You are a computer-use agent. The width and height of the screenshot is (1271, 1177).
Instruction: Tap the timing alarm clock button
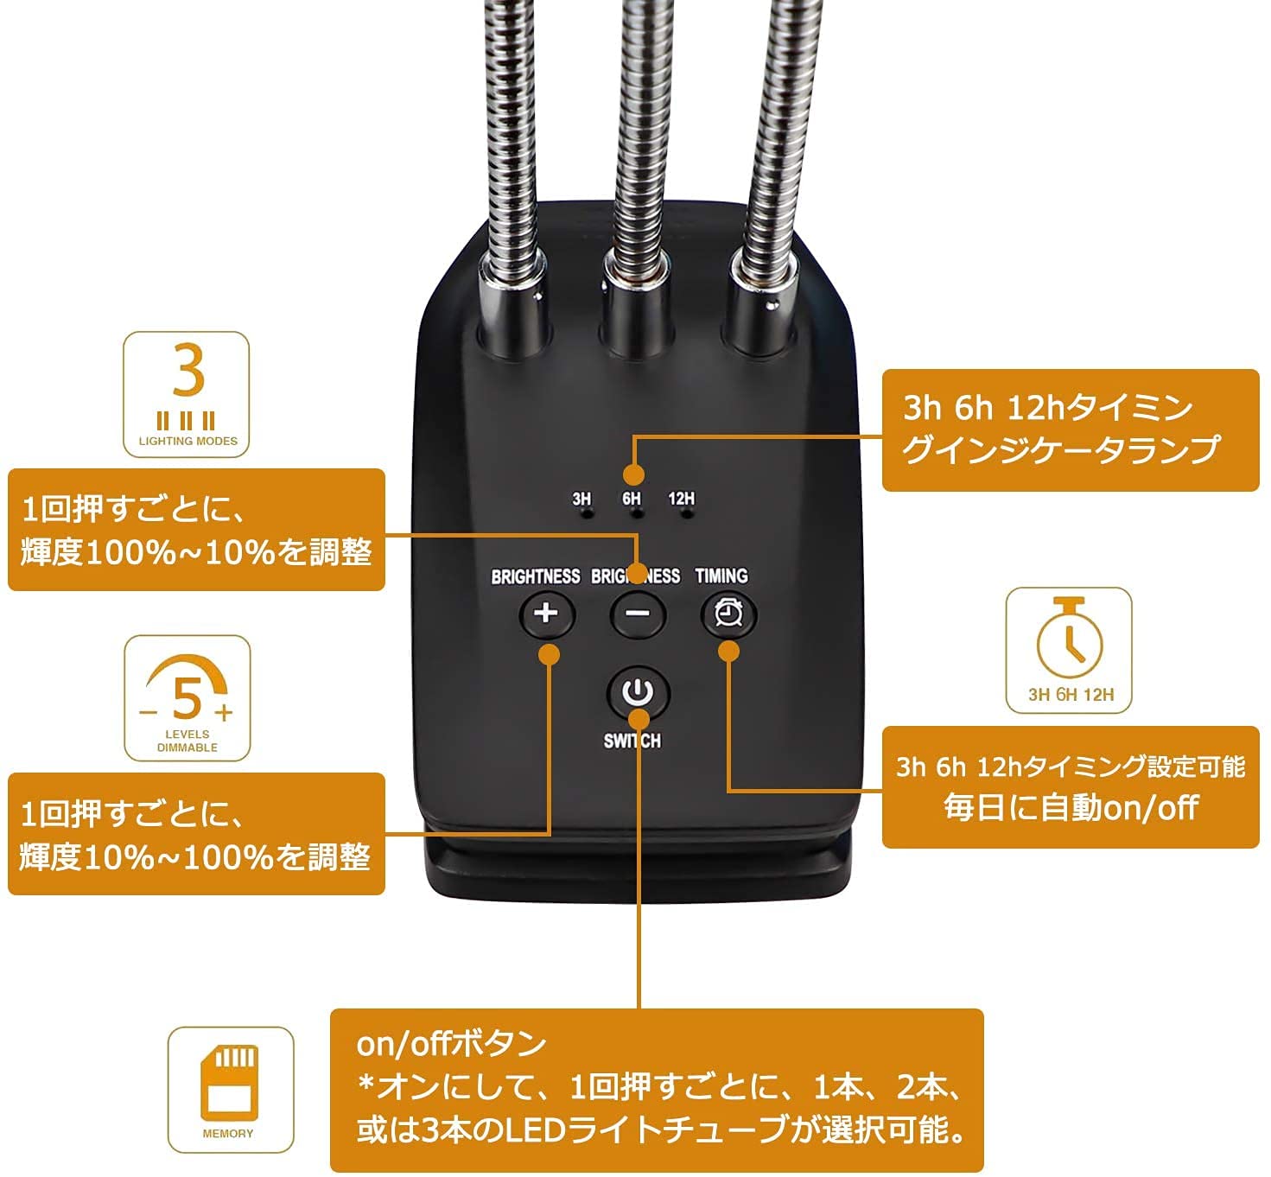pyautogui.click(x=728, y=614)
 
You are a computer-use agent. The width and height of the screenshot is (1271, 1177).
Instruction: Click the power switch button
pyautogui.click(x=638, y=692)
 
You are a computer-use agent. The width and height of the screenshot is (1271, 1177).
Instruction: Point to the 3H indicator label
pyautogui.click(x=581, y=499)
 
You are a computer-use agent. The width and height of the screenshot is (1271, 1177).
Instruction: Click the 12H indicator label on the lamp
pyautogui.click(x=681, y=499)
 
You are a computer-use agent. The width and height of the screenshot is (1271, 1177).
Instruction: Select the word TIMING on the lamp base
pyautogui.click(x=721, y=576)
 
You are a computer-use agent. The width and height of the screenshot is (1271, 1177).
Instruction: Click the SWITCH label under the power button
pyautogui.click(x=632, y=741)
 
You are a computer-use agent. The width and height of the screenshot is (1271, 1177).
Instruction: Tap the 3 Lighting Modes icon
pyautogui.click(x=187, y=394)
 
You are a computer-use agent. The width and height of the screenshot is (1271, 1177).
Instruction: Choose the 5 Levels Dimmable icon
pyautogui.click(x=187, y=698)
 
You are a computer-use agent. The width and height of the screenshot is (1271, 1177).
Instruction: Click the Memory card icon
pyautogui.click(x=230, y=1090)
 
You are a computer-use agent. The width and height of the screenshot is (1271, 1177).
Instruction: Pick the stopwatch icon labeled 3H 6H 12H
pyautogui.click(x=1069, y=650)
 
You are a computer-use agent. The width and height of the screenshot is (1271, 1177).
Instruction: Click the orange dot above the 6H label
pyautogui.click(x=634, y=474)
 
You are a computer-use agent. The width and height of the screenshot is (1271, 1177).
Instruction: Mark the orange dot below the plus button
pyautogui.click(x=549, y=654)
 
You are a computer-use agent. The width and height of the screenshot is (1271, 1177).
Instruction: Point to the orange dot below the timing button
pyautogui.click(x=729, y=651)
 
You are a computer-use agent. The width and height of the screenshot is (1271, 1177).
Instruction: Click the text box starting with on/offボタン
pyautogui.click(x=657, y=1090)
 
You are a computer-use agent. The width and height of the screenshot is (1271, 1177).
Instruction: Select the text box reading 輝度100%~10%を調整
pyautogui.click(x=196, y=530)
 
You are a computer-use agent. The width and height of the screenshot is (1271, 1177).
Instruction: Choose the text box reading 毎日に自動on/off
pyautogui.click(x=1070, y=786)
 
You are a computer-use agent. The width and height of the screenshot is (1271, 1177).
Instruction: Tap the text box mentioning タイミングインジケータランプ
pyautogui.click(x=1070, y=429)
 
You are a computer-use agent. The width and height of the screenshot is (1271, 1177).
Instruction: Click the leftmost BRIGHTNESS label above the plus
pyautogui.click(x=535, y=576)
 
